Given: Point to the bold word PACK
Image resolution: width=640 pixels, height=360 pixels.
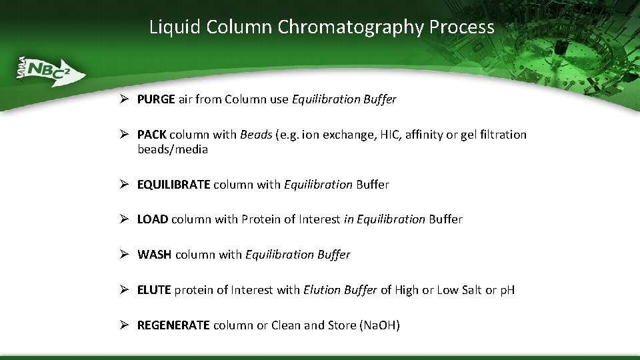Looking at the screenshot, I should coord(152,135).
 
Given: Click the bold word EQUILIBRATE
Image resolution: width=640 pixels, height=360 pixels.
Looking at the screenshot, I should coord(173,184).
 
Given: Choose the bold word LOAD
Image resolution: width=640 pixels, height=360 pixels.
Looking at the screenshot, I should coord(153,219).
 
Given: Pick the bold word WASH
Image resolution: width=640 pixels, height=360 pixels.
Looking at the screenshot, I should coord(155,255).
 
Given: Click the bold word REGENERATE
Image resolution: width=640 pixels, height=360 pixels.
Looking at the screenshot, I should coord(173,325).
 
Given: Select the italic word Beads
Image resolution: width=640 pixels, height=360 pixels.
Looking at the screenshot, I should coord(256,135).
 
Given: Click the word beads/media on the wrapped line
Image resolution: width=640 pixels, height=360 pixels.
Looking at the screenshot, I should coord(173,149).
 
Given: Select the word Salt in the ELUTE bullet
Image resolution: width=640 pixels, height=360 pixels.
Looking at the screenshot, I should coord(471,290).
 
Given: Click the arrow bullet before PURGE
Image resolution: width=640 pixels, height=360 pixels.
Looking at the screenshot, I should coord(125,99).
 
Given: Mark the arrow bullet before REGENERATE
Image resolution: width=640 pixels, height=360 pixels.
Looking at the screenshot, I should coord(125,325).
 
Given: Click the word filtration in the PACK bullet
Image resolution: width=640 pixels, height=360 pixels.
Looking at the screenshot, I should coord(502,135).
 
